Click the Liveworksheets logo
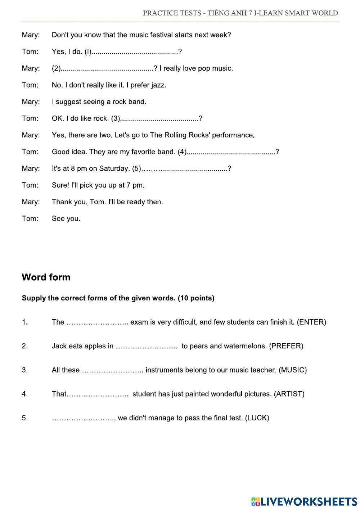coord(304,501)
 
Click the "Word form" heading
coord(46,277)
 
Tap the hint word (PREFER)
coord(286,346)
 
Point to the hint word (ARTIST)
coord(289,394)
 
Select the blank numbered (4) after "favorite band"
coord(231,152)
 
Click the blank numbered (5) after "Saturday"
coord(185,169)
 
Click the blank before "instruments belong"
coord(113,370)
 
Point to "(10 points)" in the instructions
coord(196,298)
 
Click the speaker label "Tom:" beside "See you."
coord(30,219)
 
